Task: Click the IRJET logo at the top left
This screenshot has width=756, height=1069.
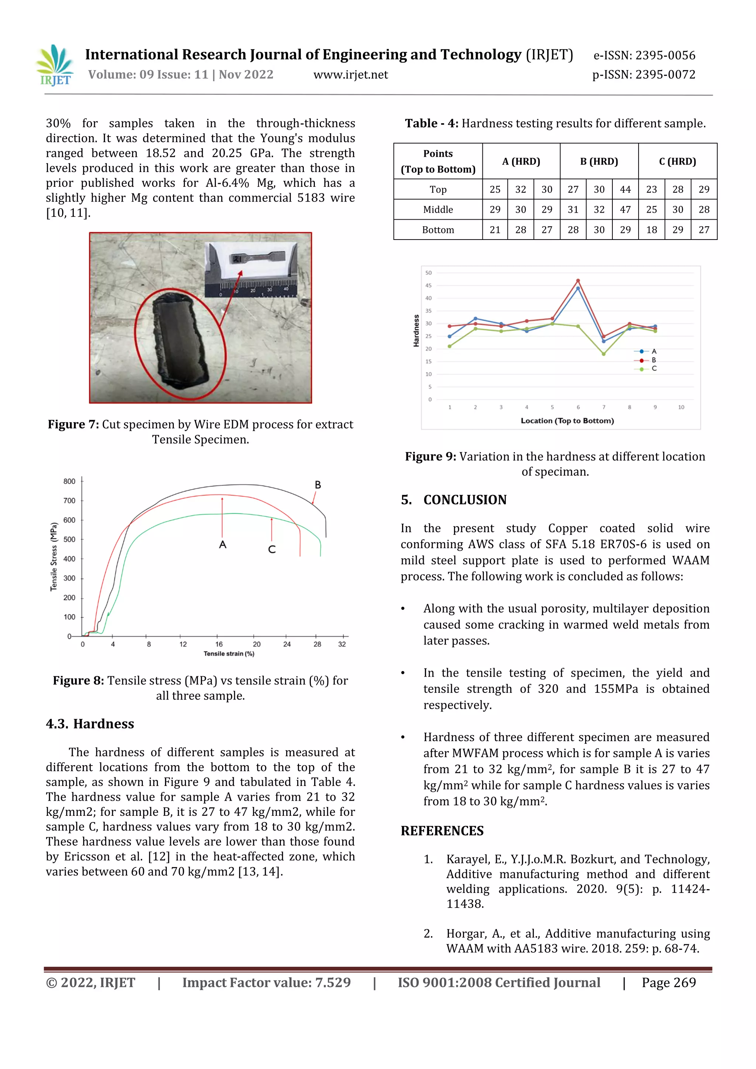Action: [55, 66]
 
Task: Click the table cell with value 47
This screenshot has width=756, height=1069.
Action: [625, 210]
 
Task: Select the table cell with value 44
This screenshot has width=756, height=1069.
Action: [625, 189]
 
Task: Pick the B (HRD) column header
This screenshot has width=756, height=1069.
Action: [599, 162]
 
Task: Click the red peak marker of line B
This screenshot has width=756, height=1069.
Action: [578, 281]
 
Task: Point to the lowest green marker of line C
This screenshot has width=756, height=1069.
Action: [604, 354]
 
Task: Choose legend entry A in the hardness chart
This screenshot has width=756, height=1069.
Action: [654, 351]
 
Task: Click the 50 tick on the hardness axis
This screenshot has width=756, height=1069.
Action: [428, 273]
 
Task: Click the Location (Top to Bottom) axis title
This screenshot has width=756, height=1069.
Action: [567, 421]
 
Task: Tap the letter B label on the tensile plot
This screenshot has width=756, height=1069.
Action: [317, 485]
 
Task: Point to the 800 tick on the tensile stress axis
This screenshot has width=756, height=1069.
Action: [69, 481]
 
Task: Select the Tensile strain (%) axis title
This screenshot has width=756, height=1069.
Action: [228, 654]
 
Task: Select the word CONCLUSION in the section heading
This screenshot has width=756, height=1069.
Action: [465, 500]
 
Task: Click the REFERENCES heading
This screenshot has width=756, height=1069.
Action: [442, 831]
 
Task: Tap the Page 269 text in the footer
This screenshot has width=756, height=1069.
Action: [669, 983]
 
